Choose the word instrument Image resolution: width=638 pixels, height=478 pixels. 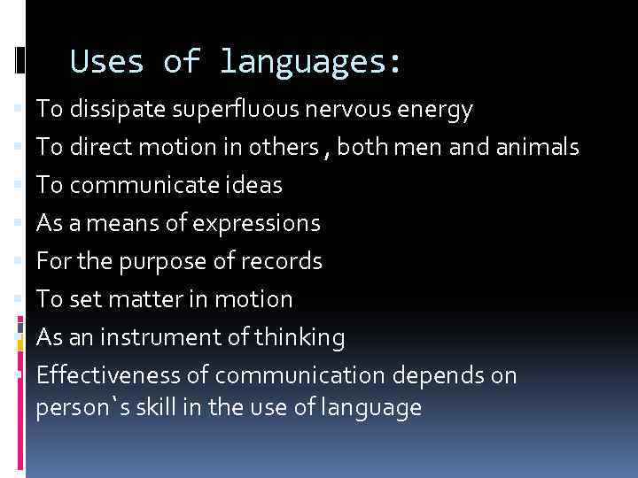[x=175, y=337]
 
